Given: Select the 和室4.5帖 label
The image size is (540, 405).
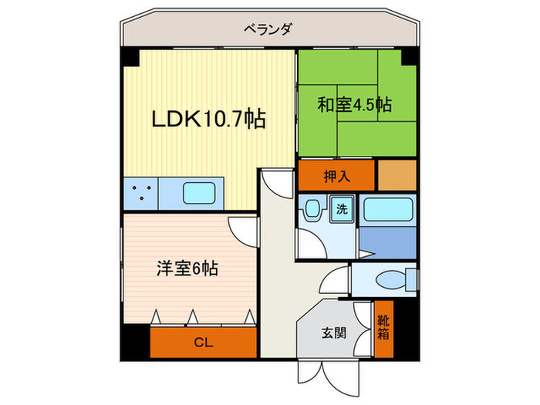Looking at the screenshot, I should (x=354, y=105).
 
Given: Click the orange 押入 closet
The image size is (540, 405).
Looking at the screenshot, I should (x=336, y=175).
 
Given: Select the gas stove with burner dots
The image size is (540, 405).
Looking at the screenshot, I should (x=140, y=192).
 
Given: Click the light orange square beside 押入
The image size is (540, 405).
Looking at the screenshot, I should (x=397, y=174).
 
